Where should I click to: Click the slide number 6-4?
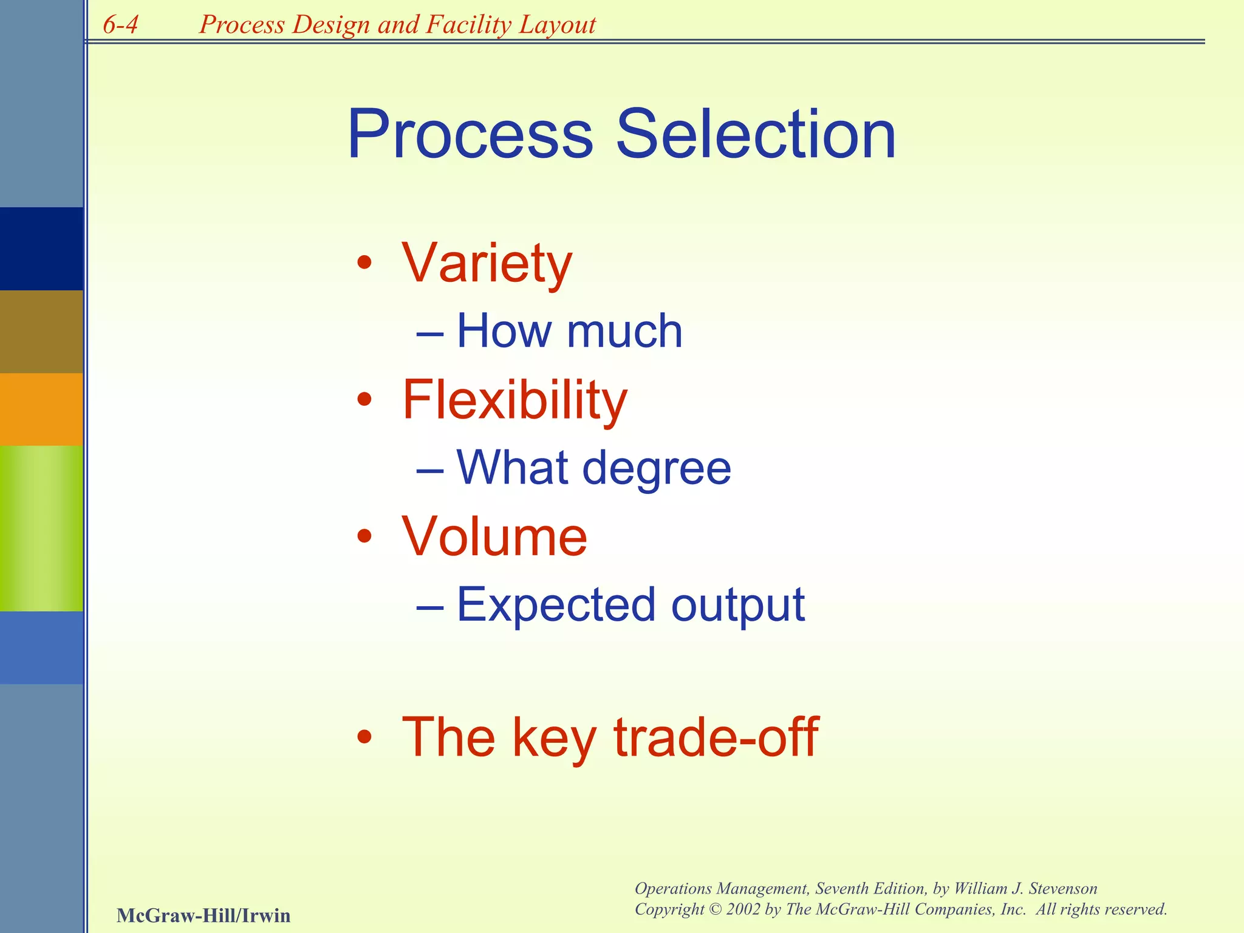pyautogui.click(x=120, y=25)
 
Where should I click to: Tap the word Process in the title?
pyautogui.click(x=470, y=135)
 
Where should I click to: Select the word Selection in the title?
pyautogui.click(x=756, y=135)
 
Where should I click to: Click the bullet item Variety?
pyautogui.click(x=487, y=264)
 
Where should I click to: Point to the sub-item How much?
pyautogui.click(x=569, y=332)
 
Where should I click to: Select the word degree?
pyautogui.click(x=657, y=468)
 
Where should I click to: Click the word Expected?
pyautogui.click(x=556, y=605)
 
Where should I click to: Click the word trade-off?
pyautogui.click(x=716, y=737)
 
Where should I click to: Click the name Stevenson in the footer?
pyautogui.click(x=1062, y=889)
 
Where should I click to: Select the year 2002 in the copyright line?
pyautogui.click(x=743, y=909)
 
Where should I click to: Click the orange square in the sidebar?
pyautogui.click(x=41, y=409)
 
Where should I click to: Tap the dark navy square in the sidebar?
pyautogui.click(x=41, y=248)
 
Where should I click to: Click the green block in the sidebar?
pyautogui.click(x=41, y=528)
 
